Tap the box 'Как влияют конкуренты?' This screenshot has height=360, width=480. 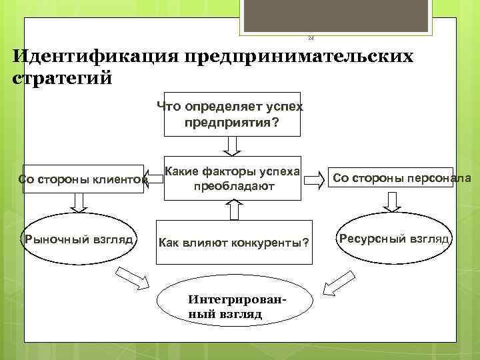point(233,241)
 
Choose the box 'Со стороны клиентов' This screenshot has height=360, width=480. point(83,179)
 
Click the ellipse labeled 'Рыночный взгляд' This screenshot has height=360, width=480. point(79,239)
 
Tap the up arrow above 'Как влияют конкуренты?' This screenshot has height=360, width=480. point(233,209)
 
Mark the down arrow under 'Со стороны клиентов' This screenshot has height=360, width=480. point(79,202)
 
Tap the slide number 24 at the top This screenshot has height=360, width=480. point(310,39)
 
